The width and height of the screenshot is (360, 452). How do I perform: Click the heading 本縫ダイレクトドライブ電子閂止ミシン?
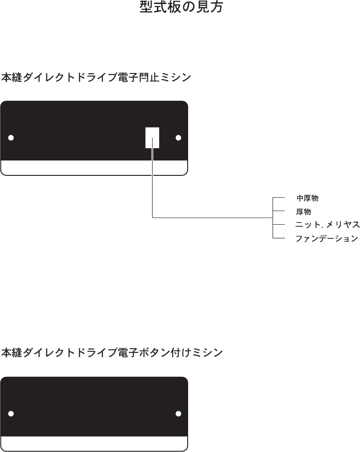click(x=96, y=78)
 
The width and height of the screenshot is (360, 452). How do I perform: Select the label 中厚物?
click(x=307, y=198)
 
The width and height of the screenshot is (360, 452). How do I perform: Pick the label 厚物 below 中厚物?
click(x=304, y=212)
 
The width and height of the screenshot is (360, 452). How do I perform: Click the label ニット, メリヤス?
click(x=327, y=225)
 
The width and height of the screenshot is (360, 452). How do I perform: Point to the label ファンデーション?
click(x=327, y=239)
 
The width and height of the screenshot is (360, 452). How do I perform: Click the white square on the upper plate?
click(x=152, y=138)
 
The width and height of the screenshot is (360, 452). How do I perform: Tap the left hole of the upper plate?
click(x=11, y=138)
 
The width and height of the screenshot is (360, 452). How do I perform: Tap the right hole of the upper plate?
click(x=178, y=138)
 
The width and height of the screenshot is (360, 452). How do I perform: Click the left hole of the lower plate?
click(x=11, y=414)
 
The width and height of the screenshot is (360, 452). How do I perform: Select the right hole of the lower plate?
click(x=178, y=414)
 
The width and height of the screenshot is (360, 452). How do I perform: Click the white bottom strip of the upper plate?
click(x=94, y=168)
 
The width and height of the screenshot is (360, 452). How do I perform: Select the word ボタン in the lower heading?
click(x=153, y=353)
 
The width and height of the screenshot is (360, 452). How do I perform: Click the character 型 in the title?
click(x=146, y=7)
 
